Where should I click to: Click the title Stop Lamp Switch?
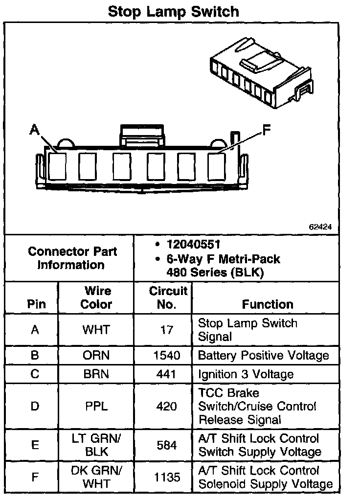173,11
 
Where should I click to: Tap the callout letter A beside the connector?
34,129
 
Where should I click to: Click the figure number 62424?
320,227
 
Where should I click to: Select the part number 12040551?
193,244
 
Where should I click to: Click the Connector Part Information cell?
72,258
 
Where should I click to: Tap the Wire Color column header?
96,297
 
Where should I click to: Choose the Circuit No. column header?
168,297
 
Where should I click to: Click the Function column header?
267,304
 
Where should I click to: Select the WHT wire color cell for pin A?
96,330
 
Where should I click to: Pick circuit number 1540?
167,356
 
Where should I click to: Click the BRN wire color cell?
96,374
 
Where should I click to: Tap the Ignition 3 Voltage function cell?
246,374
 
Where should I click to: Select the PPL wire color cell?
96,406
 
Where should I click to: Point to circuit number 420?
167,406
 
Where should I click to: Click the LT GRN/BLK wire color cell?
96,445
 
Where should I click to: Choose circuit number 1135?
167,477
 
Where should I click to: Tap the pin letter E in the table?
35,445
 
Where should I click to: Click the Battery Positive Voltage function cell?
263,356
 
